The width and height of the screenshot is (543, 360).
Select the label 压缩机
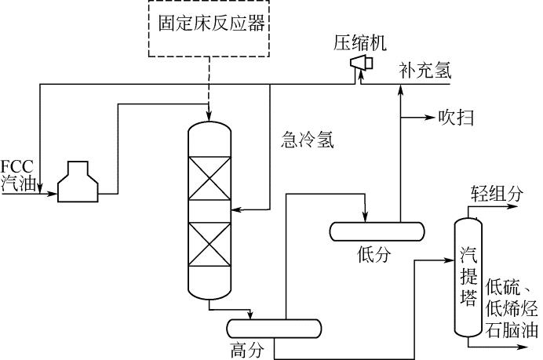pos(357,42)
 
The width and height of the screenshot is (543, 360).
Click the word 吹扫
pos(456,118)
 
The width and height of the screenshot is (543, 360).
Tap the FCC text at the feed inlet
pos(16,166)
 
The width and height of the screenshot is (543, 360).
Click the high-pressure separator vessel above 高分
pos(274,328)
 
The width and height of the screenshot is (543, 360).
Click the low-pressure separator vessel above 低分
pos(377,231)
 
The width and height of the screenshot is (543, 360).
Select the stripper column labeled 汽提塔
pos(471,275)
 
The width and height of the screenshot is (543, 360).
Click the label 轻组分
pos(496,191)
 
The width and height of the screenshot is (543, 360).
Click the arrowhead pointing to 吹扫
pos(430,118)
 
